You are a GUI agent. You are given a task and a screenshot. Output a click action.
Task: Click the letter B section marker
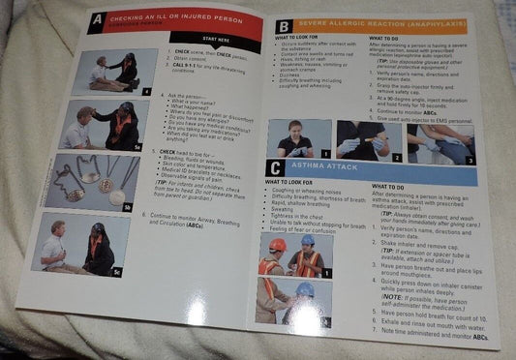pyautogui.click(x=283, y=27)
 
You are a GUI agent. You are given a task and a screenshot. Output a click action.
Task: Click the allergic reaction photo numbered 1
pyautogui.click(x=299, y=139)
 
